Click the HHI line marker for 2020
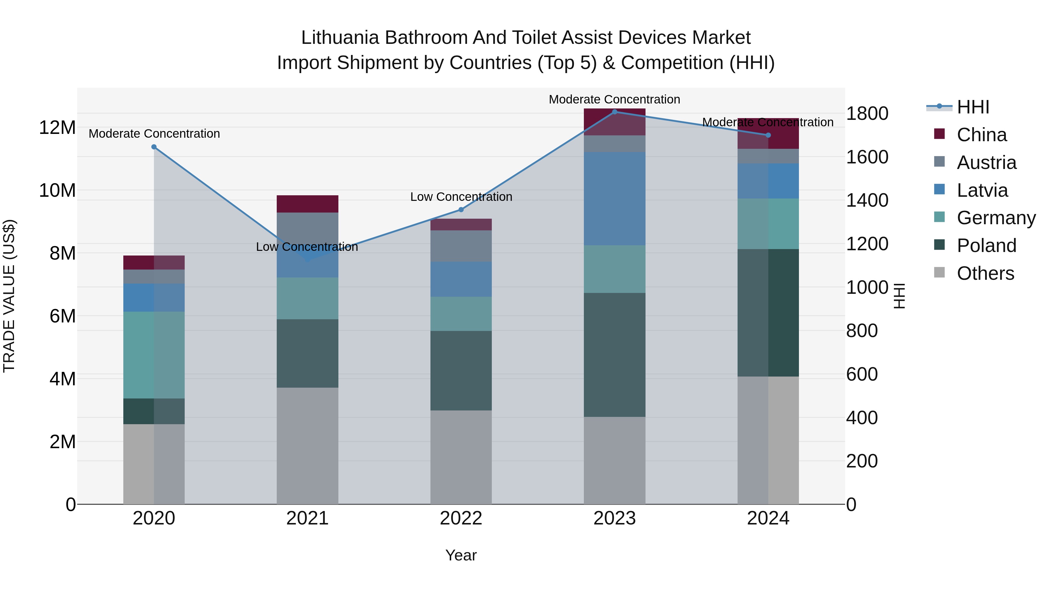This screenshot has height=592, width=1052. tap(154, 147)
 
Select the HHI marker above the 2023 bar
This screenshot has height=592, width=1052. tap(615, 112)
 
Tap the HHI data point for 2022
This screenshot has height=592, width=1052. tap(461, 210)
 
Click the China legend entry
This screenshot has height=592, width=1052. tap(981, 135)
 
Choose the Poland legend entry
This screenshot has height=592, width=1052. tap(986, 246)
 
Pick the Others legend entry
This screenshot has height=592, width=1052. tap(985, 273)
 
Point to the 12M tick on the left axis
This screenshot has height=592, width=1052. tap(57, 128)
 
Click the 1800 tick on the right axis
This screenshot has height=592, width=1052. tap(867, 114)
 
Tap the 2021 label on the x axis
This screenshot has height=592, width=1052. tap(307, 518)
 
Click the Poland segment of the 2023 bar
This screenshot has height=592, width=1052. tap(615, 355)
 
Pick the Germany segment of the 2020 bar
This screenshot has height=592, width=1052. tap(154, 355)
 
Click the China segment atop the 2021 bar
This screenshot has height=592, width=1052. tap(307, 204)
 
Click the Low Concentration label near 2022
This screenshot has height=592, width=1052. tap(461, 197)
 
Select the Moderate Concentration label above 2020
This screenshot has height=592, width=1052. tap(154, 134)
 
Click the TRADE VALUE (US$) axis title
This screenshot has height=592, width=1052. tap(9, 296)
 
